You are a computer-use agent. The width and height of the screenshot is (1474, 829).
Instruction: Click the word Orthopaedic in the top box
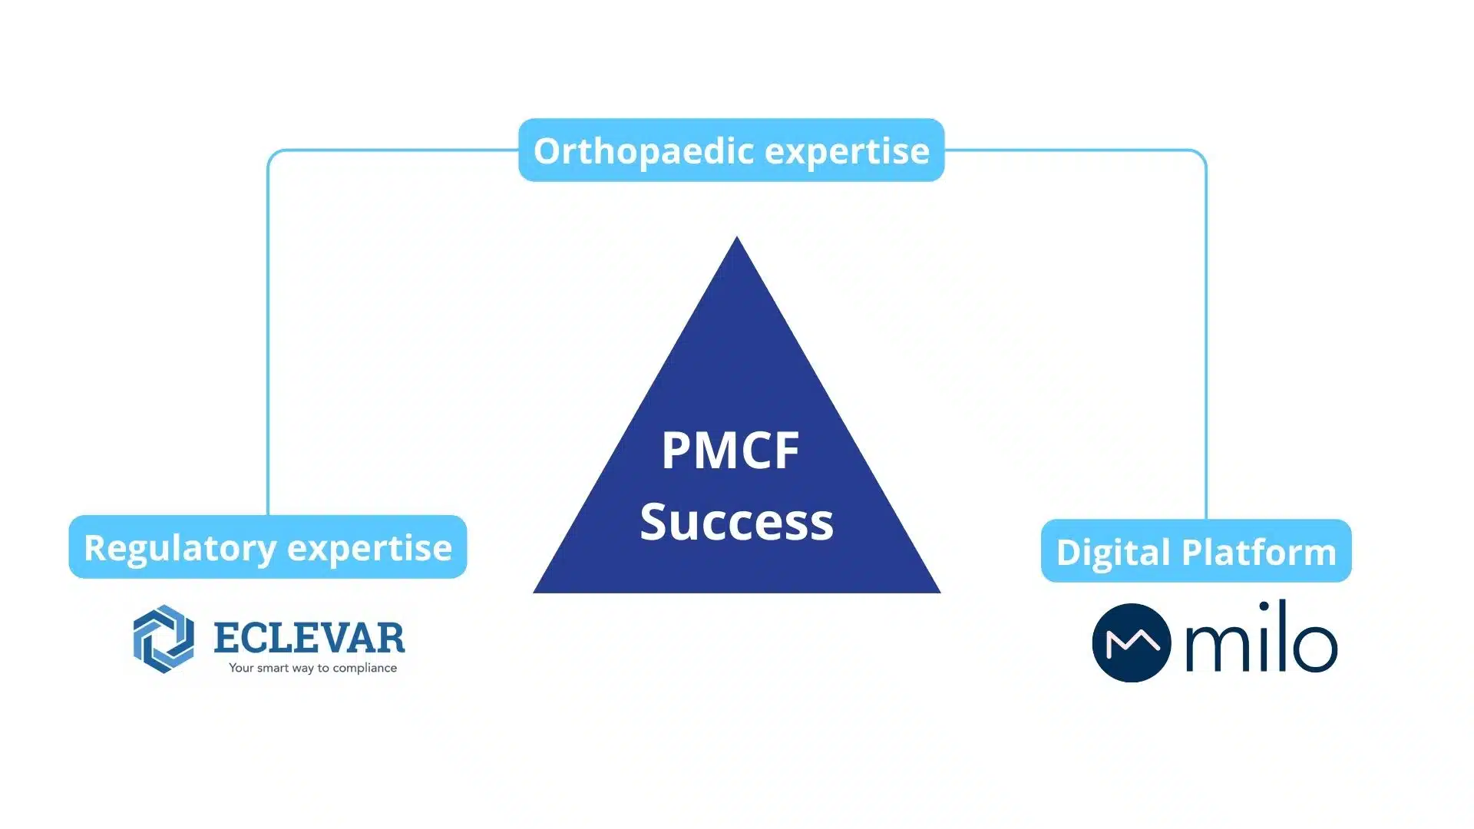(x=644, y=151)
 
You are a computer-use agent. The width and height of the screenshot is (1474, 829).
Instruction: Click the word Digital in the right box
(x=1114, y=553)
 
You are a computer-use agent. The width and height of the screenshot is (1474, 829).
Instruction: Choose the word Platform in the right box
(x=1259, y=552)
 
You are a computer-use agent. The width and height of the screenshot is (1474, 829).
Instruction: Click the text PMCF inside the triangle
(x=730, y=451)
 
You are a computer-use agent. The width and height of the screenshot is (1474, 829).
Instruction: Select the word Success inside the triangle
(x=737, y=522)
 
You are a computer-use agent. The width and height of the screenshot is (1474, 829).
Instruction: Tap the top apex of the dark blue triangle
(x=737, y=237)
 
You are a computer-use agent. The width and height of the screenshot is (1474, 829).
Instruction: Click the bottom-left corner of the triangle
(x=534, y=592)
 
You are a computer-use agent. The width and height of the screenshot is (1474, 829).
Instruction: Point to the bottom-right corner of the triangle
(x=940, y=592)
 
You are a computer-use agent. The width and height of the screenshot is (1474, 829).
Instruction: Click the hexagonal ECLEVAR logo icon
(x=164, y=639)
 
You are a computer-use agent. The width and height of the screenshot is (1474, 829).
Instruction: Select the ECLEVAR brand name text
(x=309, y=637)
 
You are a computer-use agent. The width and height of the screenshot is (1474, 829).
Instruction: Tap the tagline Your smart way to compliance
(x=312, y=668)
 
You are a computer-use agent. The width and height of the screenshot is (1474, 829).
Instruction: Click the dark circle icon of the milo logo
(x=1132, y=643)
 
